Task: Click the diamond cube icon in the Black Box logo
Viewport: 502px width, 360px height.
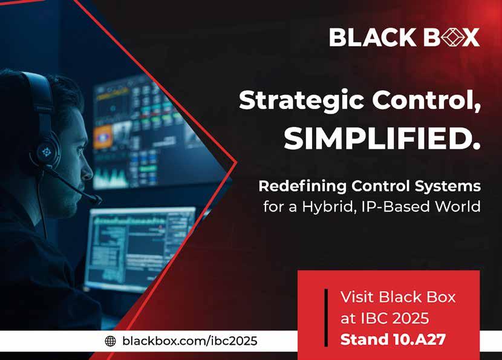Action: point(452,37)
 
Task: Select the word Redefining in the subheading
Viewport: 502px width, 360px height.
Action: point(302,186)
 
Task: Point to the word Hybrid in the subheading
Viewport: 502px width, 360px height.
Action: point(330,206)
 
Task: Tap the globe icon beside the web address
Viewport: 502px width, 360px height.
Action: point(111,341)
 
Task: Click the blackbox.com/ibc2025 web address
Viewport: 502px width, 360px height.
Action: point(189,341)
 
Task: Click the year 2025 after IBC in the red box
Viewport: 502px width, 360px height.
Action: point(411,318)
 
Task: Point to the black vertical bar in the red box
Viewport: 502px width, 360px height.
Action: point(326,318)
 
